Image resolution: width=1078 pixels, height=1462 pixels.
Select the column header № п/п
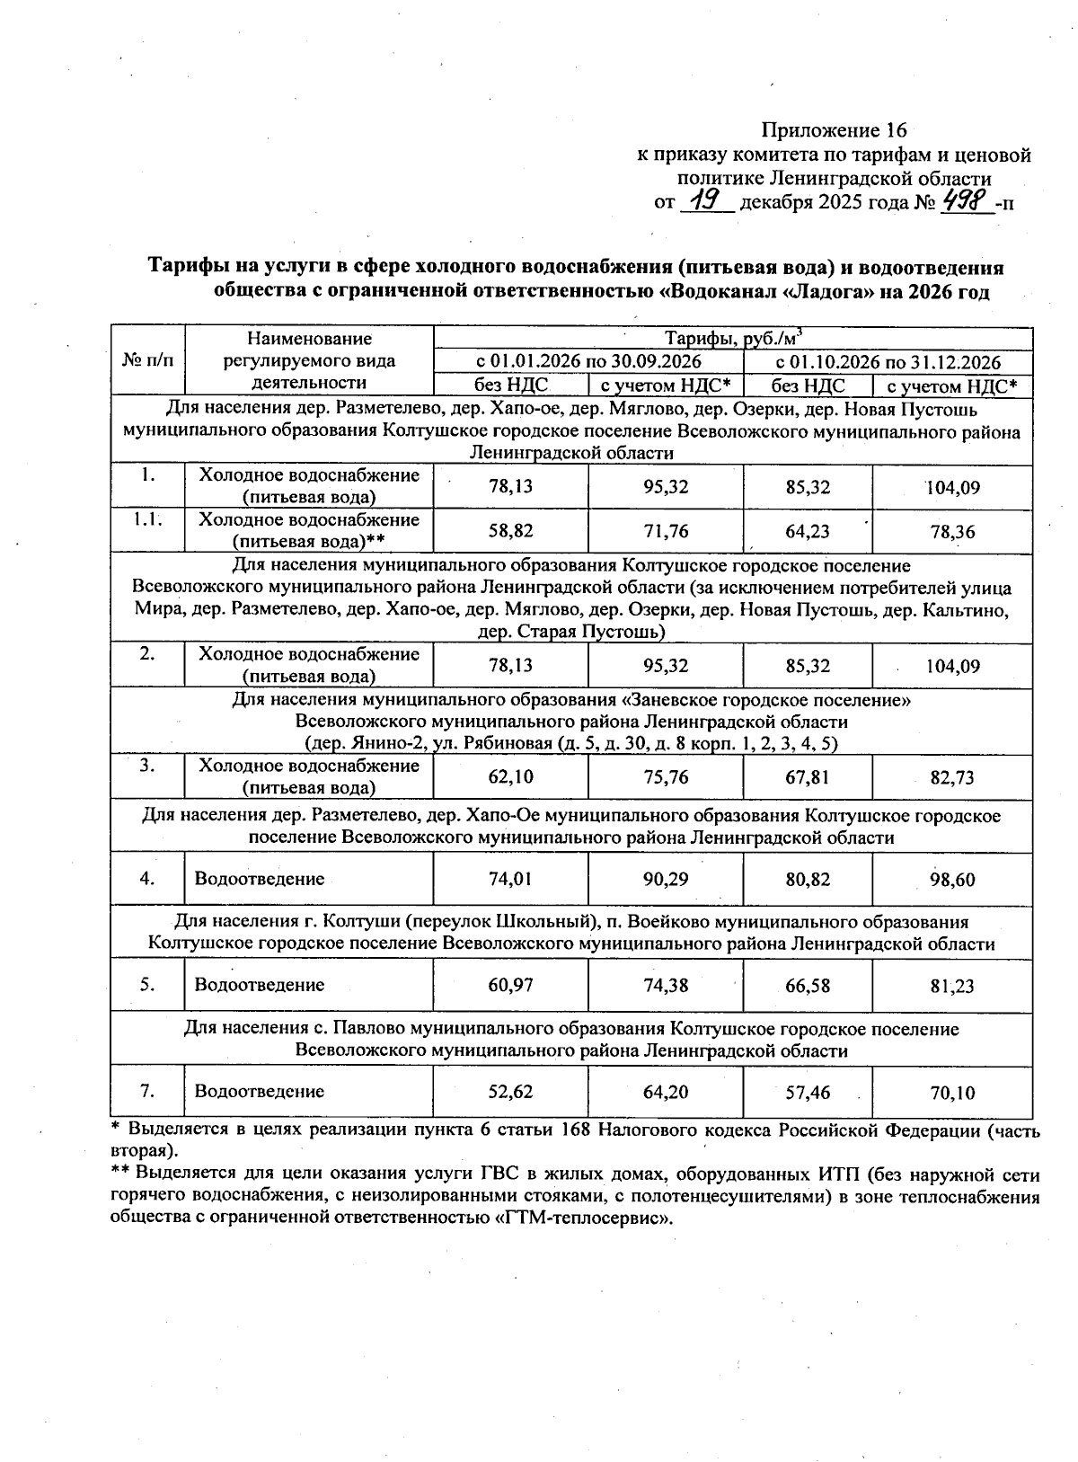pyautogui.click(x=147, y=361)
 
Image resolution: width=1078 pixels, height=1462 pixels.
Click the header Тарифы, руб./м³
pyautogui.click(x=732, y=338)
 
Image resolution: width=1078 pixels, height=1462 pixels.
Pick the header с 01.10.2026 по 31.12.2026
pyautogui.click(x=888, y=362)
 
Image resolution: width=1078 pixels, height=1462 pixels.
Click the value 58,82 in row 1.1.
pyautogui.click(x=510, y=531)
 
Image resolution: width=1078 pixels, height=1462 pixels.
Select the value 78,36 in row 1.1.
pyautogui.click(x=952, y=532)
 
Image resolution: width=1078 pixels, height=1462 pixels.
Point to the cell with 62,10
pyautogui.click(x=510, y=776)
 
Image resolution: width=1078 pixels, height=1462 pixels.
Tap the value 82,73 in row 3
pyautogui.click(x=952, y=777)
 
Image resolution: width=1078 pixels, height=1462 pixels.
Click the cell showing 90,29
pyautogui.click(x=666, y=879)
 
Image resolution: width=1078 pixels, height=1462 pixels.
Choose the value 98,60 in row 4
pyautogui.click(x=952, y=880)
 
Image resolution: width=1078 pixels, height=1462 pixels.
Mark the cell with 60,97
pyautogui.click(x=510, y=985)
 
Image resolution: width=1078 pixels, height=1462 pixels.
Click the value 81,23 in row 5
pyautogui.click(x=952, y=986)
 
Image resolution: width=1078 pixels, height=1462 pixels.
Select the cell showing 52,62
pyautogui.click(x=510, y=1092)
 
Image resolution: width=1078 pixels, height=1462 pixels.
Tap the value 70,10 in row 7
pyautogui.click(x=952, y=1093)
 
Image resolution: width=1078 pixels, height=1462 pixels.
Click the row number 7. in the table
pyautogui.click(x=147, y=1091)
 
